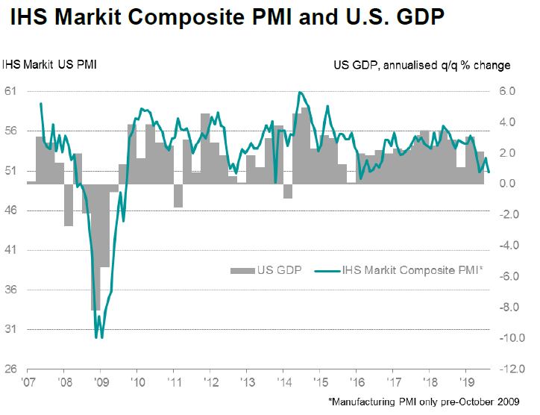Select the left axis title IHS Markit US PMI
(49, 65)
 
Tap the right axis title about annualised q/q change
(421, 65)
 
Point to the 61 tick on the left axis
(11, 91)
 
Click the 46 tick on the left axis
(11, 210)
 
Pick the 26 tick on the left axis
(11, 369)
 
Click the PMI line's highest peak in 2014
(299, 93)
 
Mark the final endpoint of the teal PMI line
(489, 172)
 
